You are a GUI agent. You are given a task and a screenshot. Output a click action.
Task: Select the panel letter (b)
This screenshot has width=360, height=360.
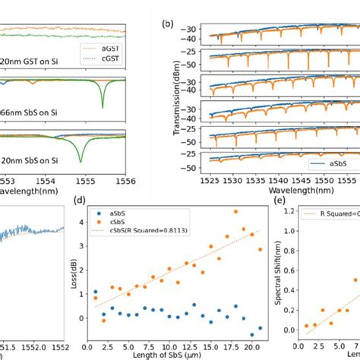click(169, 24)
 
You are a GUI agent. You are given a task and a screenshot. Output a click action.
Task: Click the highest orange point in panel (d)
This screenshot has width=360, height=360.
click(235, 213)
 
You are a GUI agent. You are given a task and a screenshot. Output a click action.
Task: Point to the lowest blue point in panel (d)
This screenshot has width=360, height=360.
click(252, 334)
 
